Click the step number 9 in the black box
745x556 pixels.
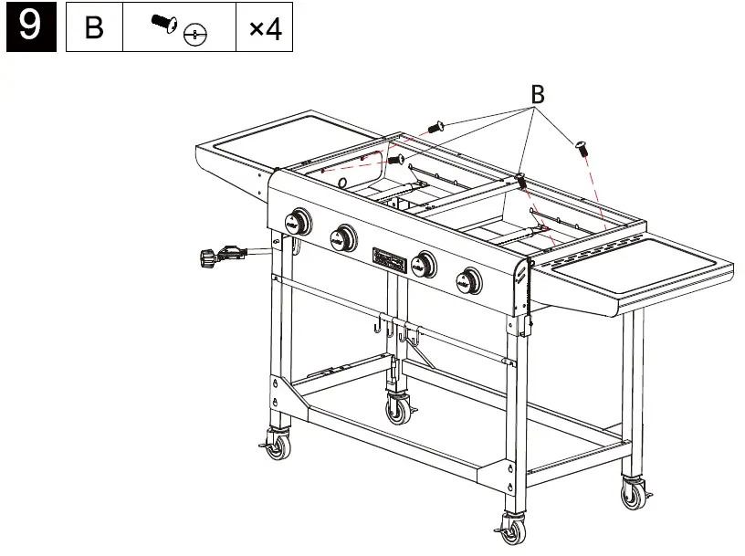pyautogui.click(x=29, y=27)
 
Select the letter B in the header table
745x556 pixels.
pyautogui.click(x=94, y=29)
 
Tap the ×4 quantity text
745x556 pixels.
pyautogui.click(x=265, y=29)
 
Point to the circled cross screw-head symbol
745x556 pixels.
pyautogui.click(x=194, y=36)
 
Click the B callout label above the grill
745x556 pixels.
pyautogui.click(x=538, y=93)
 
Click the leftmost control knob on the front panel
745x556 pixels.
pyautogui.click(x=297, y=221)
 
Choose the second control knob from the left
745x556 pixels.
pyautogui.click(x=343, y=237)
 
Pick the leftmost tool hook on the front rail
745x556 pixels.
pyautogui.click(x=377, y=324)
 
